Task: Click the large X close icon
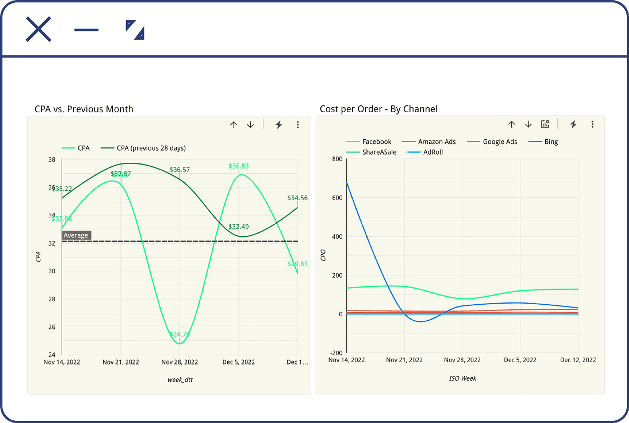coord(38,29)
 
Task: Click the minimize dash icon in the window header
coord(86,30)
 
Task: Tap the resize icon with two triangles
coord(135,30)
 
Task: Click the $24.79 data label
coord(180,334)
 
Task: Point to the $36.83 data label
coord(239,166)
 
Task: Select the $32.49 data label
coord(239,227)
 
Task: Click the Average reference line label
coord(76,235)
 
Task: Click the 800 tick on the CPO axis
coord(337,159)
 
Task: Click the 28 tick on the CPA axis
coord(52,299)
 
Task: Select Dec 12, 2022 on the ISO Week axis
coord(578,360)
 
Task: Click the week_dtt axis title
coord(180,380)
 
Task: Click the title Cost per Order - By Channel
coord(378,109)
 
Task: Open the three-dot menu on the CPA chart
coord(298,125)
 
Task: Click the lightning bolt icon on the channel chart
coord(573,124)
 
